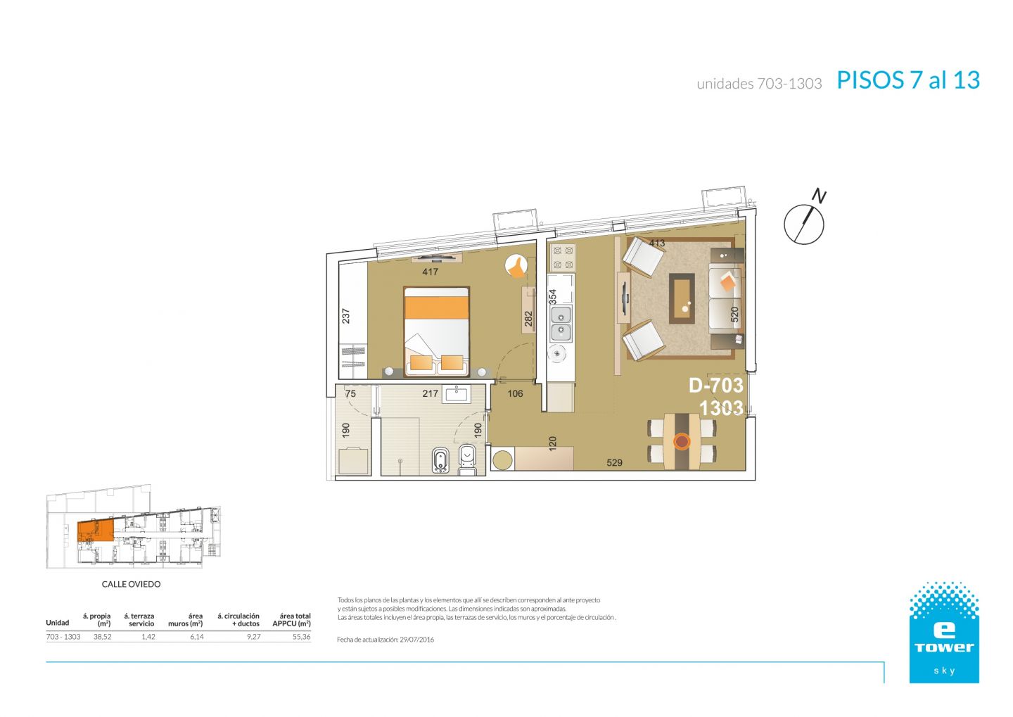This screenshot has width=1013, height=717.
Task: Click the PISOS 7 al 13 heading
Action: point(908,80)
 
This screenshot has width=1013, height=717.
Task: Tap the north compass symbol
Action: point(805,220)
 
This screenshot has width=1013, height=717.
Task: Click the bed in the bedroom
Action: point(436,331)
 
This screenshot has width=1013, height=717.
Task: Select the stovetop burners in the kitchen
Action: point(563,258)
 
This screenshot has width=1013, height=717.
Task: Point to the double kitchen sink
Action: point(561,324)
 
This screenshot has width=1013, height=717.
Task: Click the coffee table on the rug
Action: point(682,298)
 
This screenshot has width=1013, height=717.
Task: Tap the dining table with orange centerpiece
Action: point(682,441)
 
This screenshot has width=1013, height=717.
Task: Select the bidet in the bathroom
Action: point(440,460)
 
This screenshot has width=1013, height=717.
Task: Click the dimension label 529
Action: point(614,463)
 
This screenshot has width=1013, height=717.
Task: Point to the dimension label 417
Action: point(430,272)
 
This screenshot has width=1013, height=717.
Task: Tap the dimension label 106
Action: point(515,393)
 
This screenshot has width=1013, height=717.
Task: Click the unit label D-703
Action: point(716,386)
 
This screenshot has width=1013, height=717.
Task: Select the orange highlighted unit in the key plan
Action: point(95,531)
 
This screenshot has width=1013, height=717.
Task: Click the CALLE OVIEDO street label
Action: point(131,584)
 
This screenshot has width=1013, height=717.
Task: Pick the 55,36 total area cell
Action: point(301,637)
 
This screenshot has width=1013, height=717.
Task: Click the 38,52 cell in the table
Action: point(102,637)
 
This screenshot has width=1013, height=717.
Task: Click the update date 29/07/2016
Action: point(416,640)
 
